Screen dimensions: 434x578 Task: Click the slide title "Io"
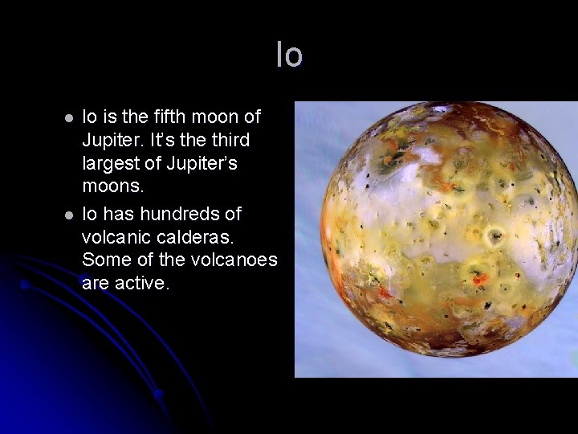pyautogui.click(x=289, y=55)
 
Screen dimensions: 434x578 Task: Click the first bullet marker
pyautogui.click(x=69, y=118)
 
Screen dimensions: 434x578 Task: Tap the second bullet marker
pyautogui.click(x=69, y=215)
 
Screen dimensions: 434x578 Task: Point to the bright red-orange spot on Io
pyautogui.click(x=480, y=279)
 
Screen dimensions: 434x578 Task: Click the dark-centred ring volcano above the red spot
pyautogui.click(x=490, y=235)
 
